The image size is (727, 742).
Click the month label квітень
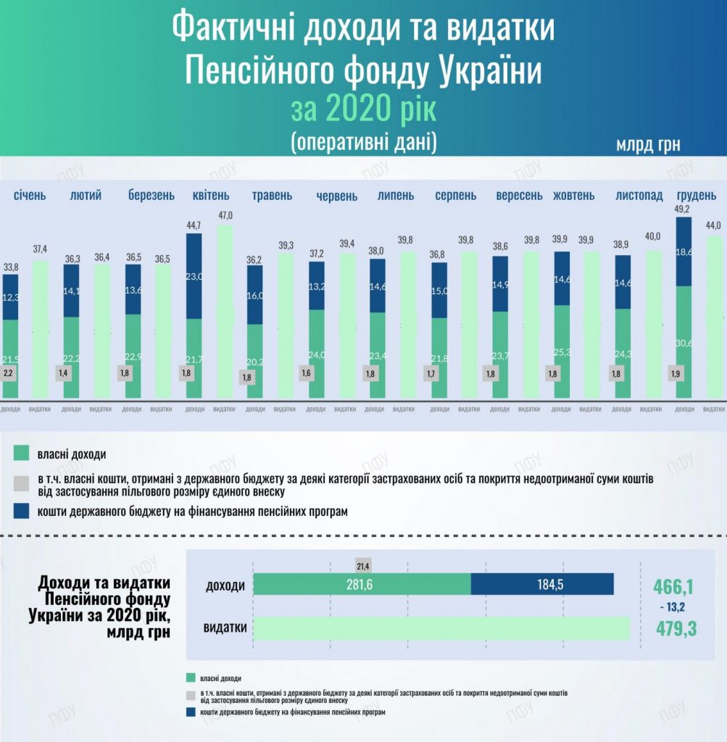(x=210, y=196)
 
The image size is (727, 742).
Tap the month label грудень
(x=697, y=196)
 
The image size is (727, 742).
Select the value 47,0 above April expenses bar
(x=225, y=216)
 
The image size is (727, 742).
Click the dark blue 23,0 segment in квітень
(x=194, y=275)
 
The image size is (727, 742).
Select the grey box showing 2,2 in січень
(x=9, y=373)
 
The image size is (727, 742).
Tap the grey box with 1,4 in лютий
(x=64, y=373)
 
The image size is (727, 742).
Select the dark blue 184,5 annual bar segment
(x=542, y=585)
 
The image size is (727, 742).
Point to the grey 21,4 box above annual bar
(x=363, y=564)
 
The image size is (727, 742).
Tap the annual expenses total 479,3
(x=676, y=628)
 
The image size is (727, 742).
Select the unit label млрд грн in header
(x=648, y=144)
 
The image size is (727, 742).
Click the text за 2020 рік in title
(x=363, y=109)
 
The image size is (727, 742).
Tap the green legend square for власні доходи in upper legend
(x=21, y=454)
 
